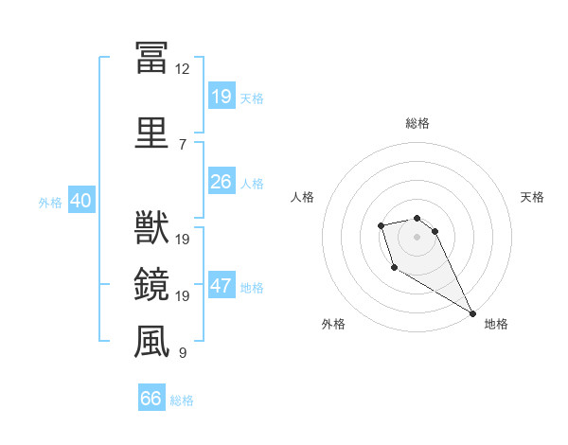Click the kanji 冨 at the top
coord(151,58)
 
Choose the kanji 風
coord(151,342)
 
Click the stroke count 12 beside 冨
coord(183,68)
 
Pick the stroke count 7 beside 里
coord(183,144)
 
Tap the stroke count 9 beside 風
coord(183,353)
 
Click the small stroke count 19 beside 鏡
coord(183,296)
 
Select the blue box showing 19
coord(221,97)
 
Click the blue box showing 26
coord(221,182)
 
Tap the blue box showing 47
coord(221,287)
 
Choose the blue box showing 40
coord(80,202)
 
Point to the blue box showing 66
coord(151,399)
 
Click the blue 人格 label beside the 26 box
coord(252,183)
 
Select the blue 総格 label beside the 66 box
coord(182,400)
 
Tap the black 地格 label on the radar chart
coord(496,324)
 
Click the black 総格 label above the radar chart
coord(417,123)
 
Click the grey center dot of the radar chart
coord(417,236)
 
